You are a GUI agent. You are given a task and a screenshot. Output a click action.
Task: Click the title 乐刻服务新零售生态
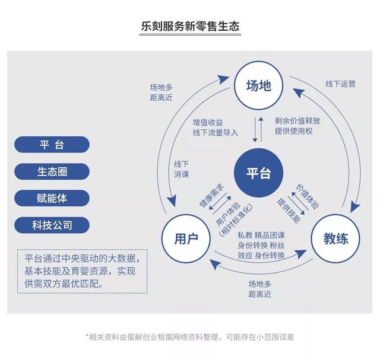coord(190,26)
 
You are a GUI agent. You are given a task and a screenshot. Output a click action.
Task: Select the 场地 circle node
coord(258,85)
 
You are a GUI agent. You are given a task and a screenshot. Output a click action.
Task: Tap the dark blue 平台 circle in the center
coord(258,173)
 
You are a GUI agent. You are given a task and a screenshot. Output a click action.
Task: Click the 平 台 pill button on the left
coord(52,145)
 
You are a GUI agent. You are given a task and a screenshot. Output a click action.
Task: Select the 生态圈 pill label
coord(52,171)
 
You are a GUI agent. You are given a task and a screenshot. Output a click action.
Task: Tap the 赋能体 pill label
coord(52,198)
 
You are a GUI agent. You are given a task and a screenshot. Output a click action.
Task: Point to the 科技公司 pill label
coord(52,225)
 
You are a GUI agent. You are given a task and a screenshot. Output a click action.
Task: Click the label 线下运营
coord(340,84)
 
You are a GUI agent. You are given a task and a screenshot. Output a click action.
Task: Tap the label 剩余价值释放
coord(297,120)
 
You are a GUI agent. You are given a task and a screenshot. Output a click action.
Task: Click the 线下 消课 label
coord(181,168)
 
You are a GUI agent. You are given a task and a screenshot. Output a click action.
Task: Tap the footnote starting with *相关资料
coord(190,336)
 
